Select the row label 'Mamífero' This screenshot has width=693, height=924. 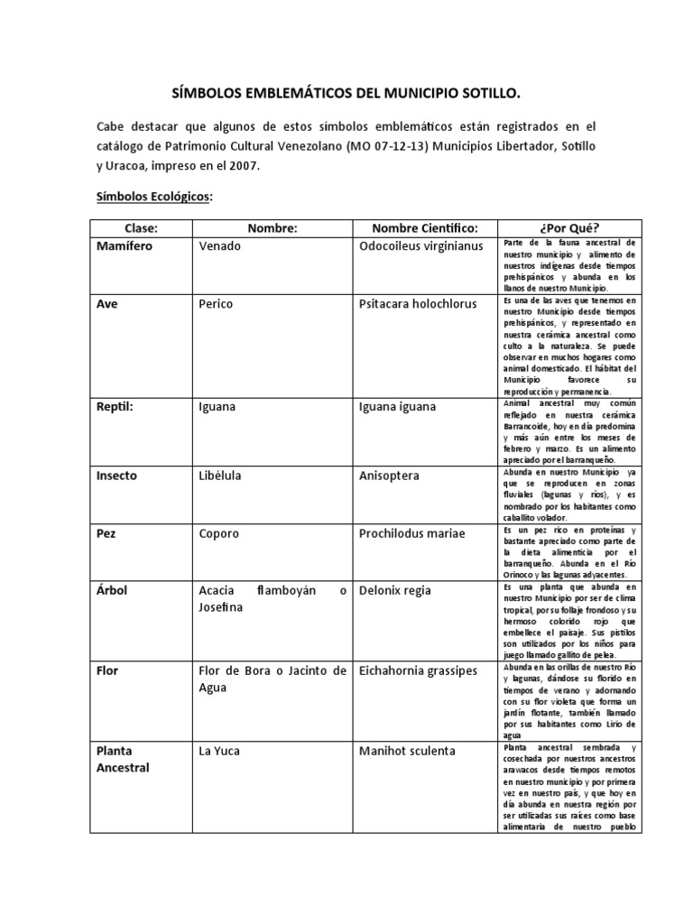[127, 246]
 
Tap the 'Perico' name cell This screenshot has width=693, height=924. [216, 304]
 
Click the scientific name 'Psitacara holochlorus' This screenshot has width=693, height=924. [416, 304]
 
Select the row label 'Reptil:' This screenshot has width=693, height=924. [115, 407]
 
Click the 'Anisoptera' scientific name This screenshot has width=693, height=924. [389, 476]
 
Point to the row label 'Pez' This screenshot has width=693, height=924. [106, 533]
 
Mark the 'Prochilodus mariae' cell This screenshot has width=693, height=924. [411, 533]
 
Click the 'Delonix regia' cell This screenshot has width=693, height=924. [395, 591]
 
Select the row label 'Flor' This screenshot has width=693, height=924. [107, 670]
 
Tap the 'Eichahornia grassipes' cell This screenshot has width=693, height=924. [419, 670]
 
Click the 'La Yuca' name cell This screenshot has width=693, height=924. [220, 751]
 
